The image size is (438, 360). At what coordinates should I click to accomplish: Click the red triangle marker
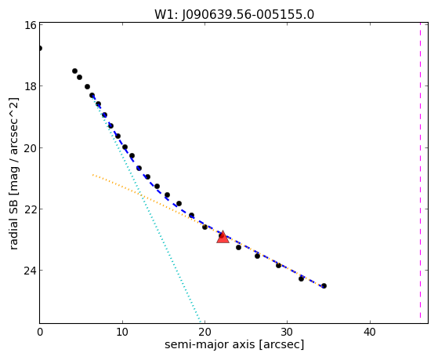[x=223, y=237]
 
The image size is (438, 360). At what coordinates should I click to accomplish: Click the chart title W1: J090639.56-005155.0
[x=234, y=14]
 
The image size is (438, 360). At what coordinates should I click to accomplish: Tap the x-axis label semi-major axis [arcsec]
[x=234, y=344]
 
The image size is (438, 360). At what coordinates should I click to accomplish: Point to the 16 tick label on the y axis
[x=31, y=25]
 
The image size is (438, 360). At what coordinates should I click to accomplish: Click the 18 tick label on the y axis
[x=31, y=85]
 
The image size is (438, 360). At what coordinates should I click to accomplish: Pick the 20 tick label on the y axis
[x=31, y=147]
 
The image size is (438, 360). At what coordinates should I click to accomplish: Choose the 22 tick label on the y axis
[x=31, y=209]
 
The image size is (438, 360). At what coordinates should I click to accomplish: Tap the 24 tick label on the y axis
[x=31, y=271]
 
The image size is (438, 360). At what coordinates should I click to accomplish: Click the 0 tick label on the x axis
[x=40, y=332]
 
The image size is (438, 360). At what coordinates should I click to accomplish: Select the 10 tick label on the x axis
[x=122, y=332]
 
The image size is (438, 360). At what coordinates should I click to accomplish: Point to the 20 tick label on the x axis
[x=205, y=332]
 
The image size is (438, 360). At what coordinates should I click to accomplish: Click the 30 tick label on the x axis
[x=288, y=332]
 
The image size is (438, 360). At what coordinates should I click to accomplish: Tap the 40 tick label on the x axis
[x=370, y=332]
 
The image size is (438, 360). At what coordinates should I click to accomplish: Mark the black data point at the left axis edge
[x=40, y=48]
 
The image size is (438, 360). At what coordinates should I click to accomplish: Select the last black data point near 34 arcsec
[x=324, y=285]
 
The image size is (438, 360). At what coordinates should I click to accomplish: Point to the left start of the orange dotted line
[x=93, y=175]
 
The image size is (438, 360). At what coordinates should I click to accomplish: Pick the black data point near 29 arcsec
[x=278, y=265]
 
